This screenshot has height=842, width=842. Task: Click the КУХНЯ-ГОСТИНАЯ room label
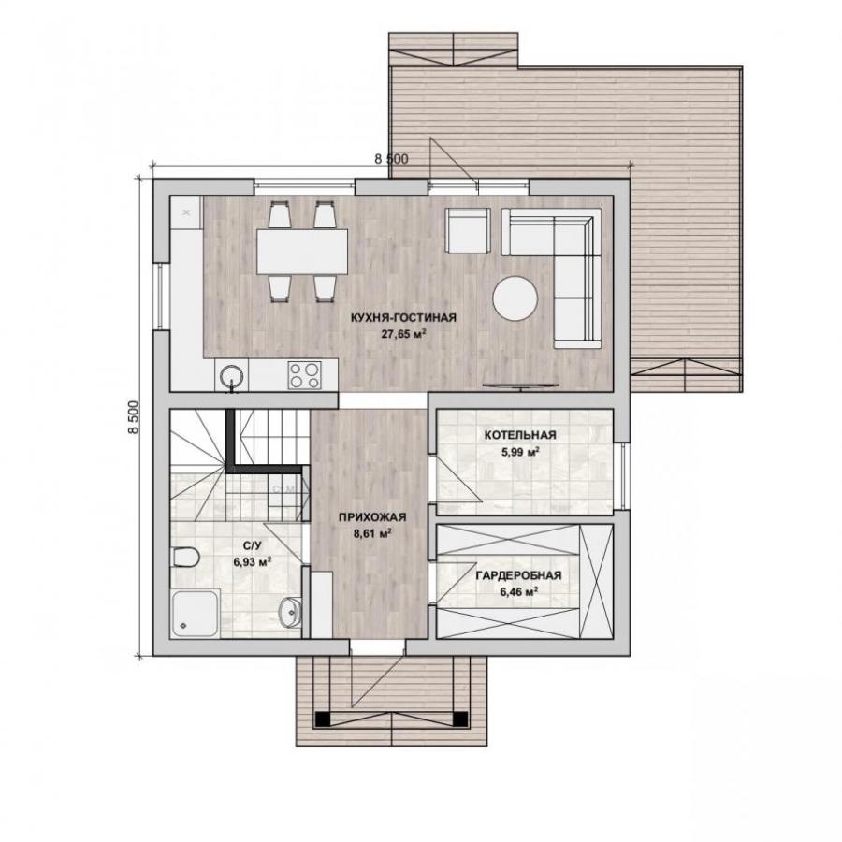click(x=403, y=317)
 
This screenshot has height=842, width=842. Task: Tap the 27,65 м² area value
click(x=403, y=334)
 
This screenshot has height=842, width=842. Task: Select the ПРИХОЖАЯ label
click(x=372, y=517)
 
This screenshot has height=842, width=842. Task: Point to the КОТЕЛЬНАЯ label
click(x=520, y=435)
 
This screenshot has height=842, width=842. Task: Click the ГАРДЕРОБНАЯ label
click(x=518, y=575)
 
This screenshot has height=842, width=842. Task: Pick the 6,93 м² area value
click(x=252, y=562)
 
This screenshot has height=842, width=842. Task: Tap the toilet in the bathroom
click(x=186, y=557)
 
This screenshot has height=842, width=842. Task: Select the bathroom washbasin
click(x=289, y=612)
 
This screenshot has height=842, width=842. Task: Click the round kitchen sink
click(x=232, y=374)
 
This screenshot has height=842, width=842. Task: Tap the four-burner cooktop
click(x=304, y=375)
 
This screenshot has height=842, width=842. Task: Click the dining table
click(x=302, y=252)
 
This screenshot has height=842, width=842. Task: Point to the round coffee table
click(x=515, y=298)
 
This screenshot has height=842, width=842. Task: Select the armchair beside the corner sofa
click(x=468, y=230)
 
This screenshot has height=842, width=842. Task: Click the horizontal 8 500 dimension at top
click(x=391, y=159)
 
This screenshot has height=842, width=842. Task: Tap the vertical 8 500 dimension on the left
click(x=133, y=417)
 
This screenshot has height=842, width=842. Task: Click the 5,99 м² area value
click(x=520, y=452)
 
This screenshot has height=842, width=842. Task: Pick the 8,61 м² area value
click(x=371, y=534)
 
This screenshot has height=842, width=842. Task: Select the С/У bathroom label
click(x=252, y=546)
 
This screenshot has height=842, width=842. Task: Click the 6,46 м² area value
click(x=518, y=592)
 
